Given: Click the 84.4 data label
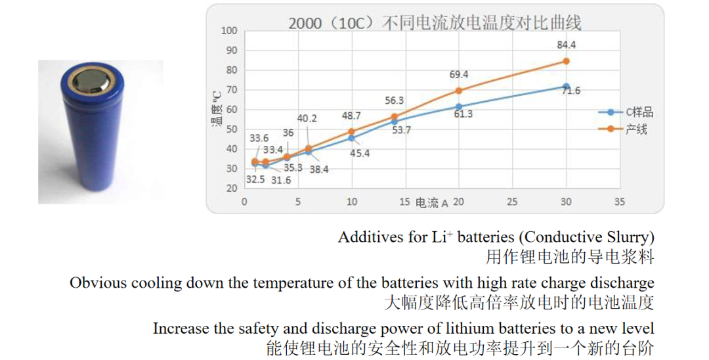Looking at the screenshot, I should tap(566, 45).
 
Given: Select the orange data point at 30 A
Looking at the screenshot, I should tap(566, 61).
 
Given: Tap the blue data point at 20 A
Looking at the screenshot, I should tap(458, 106).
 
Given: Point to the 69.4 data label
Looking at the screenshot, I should tap(458, 74).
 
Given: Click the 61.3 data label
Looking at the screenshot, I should tap(462, 114).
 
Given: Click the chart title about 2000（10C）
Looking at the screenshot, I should tap(435, 23).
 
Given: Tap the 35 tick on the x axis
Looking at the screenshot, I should tap(620, 202).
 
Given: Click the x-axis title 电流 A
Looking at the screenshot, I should tap(431, 203).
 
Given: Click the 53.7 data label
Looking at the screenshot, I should tap(400, 130).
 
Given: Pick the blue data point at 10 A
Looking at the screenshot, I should tap(352, 138).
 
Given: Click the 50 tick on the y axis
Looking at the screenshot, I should tap(232, 129).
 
